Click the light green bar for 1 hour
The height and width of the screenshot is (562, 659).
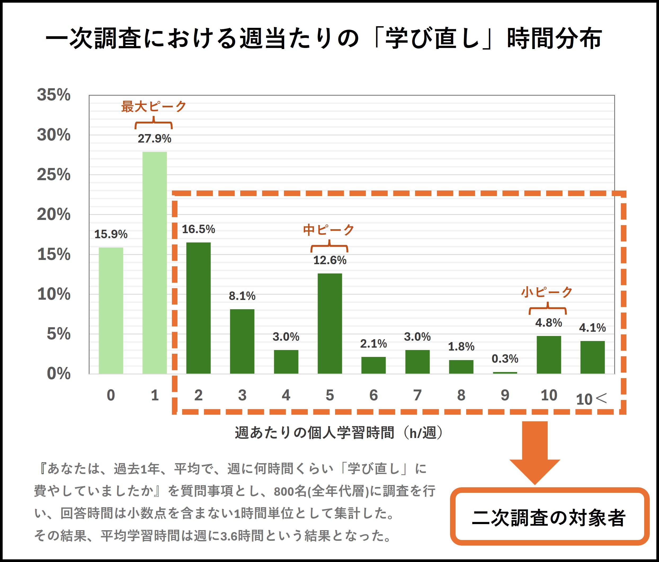pyautogui.click(x=155, y=263)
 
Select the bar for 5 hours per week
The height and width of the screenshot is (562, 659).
pyautogui.click(x=330, y=323)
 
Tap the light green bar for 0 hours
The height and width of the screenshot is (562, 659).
pyautogui.click(x=111, y=310)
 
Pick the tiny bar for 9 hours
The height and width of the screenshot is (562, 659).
pyautogui.click(x=505, y=373)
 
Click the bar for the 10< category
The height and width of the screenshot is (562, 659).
pyautogui.click(x=592, y=357)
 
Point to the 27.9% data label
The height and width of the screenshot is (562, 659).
pyautogui.click(x=155, y=139)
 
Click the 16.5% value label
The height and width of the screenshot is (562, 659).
pyautogui.click(x=198, y=229)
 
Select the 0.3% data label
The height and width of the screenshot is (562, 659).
pyautogui.click(x=505, y=359)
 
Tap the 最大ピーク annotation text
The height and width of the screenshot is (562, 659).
pyautogui.click(x=154, y=106)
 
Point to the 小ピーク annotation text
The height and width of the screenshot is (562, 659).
pyautogui.click(x=547, y=292)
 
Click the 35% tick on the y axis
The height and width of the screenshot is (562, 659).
pyautogui.click(x=54, y=95)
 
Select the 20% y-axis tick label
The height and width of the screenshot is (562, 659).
pyautogui.click(x=54, y=214)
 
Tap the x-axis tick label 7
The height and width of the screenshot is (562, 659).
pyautogui.click(x=417, y=395)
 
